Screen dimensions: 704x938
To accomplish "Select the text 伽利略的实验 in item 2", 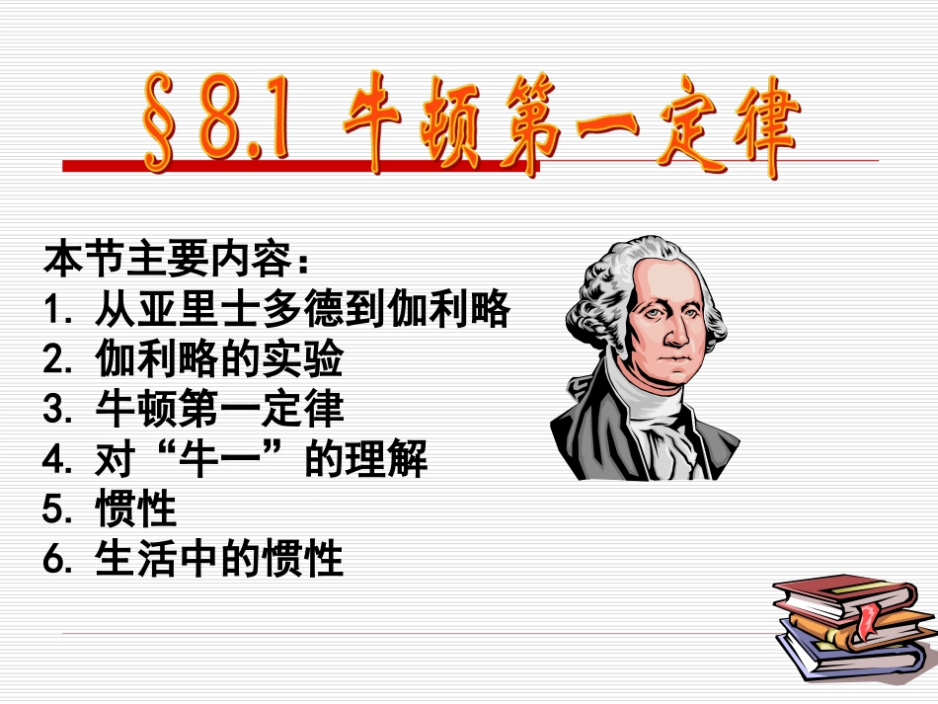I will (x=219, y=360).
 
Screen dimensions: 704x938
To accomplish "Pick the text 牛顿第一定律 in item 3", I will (x=219, y=410).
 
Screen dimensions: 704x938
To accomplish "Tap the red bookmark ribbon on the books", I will (x=867, y=619).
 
